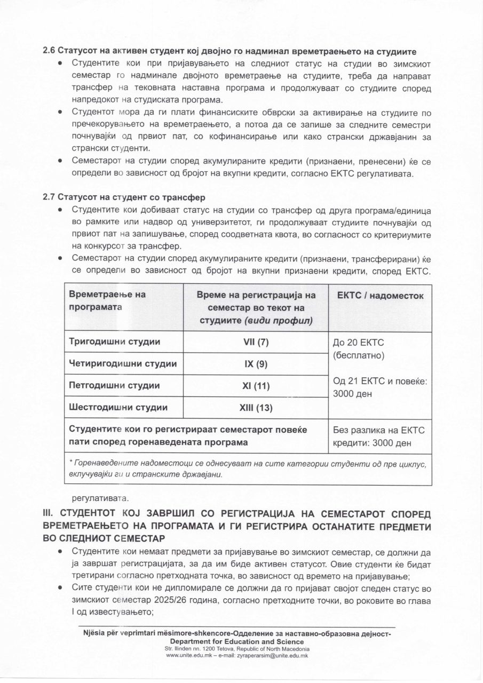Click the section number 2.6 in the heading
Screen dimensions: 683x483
coord(49,52)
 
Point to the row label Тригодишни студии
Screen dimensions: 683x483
coord(115,342)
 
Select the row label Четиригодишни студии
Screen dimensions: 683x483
coord(123,364)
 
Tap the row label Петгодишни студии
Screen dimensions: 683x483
coord(115,386)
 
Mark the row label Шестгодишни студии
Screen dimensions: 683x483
coord(118,408)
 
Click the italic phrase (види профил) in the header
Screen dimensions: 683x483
coord(279,321)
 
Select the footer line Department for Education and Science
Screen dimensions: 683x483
coord(237,641)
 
